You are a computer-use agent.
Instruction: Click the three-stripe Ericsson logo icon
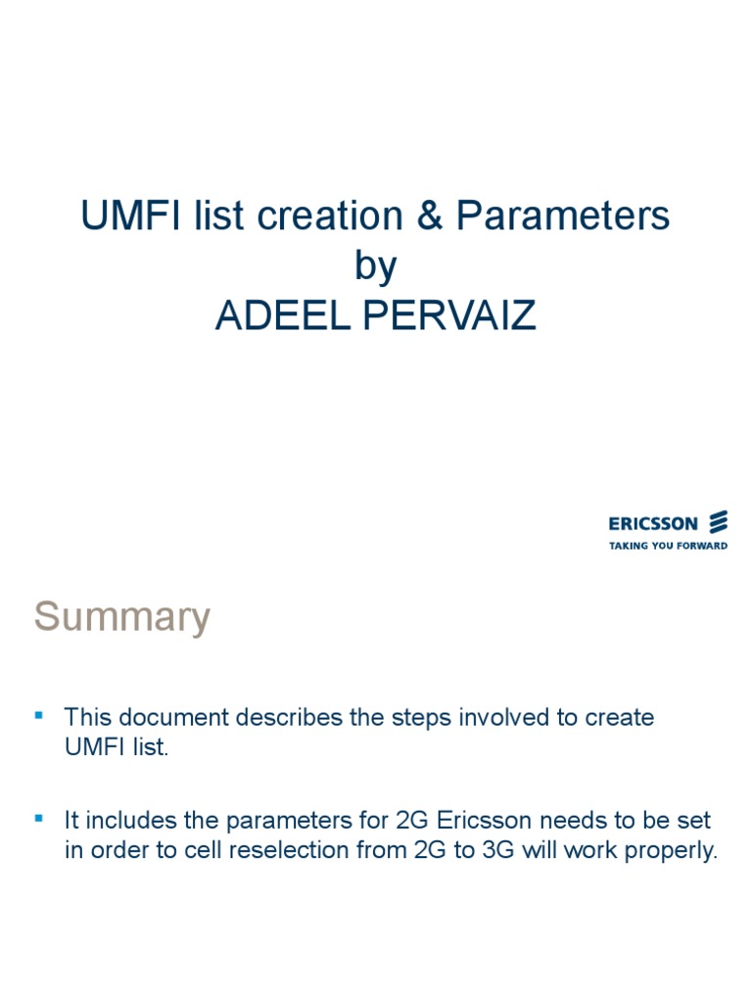(719, 522)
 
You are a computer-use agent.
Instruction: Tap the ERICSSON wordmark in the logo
(653, 524)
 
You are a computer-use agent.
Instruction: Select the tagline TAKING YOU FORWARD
(668, 546)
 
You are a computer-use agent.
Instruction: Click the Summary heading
(122, 617)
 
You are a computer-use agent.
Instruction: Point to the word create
(619, 717)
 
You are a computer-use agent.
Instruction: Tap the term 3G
(495, 851)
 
